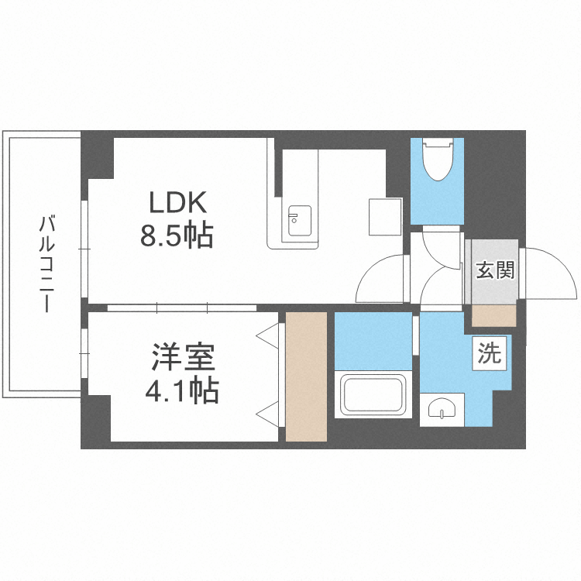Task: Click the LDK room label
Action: click(177, 202)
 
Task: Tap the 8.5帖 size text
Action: click(177, 235)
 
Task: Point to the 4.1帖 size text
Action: click(182, 390)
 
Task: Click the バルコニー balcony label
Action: click(47, 264)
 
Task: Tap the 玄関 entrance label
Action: click(496, 270)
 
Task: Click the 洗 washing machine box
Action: click(489, 352)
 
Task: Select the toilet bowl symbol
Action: click(438, 160)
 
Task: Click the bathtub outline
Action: click(373, 394)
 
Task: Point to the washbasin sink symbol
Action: click(442, 409)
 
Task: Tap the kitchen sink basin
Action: click(300, 221)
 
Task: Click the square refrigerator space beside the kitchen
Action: click(385, 217)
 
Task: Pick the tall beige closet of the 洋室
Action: click(306, 376)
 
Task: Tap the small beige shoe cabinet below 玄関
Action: click(494, 316)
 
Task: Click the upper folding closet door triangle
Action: click(267, 335)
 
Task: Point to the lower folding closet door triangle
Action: click(267, 414)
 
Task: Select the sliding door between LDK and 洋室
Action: click(182, 308)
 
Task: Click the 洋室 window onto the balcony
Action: click(84, 353)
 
